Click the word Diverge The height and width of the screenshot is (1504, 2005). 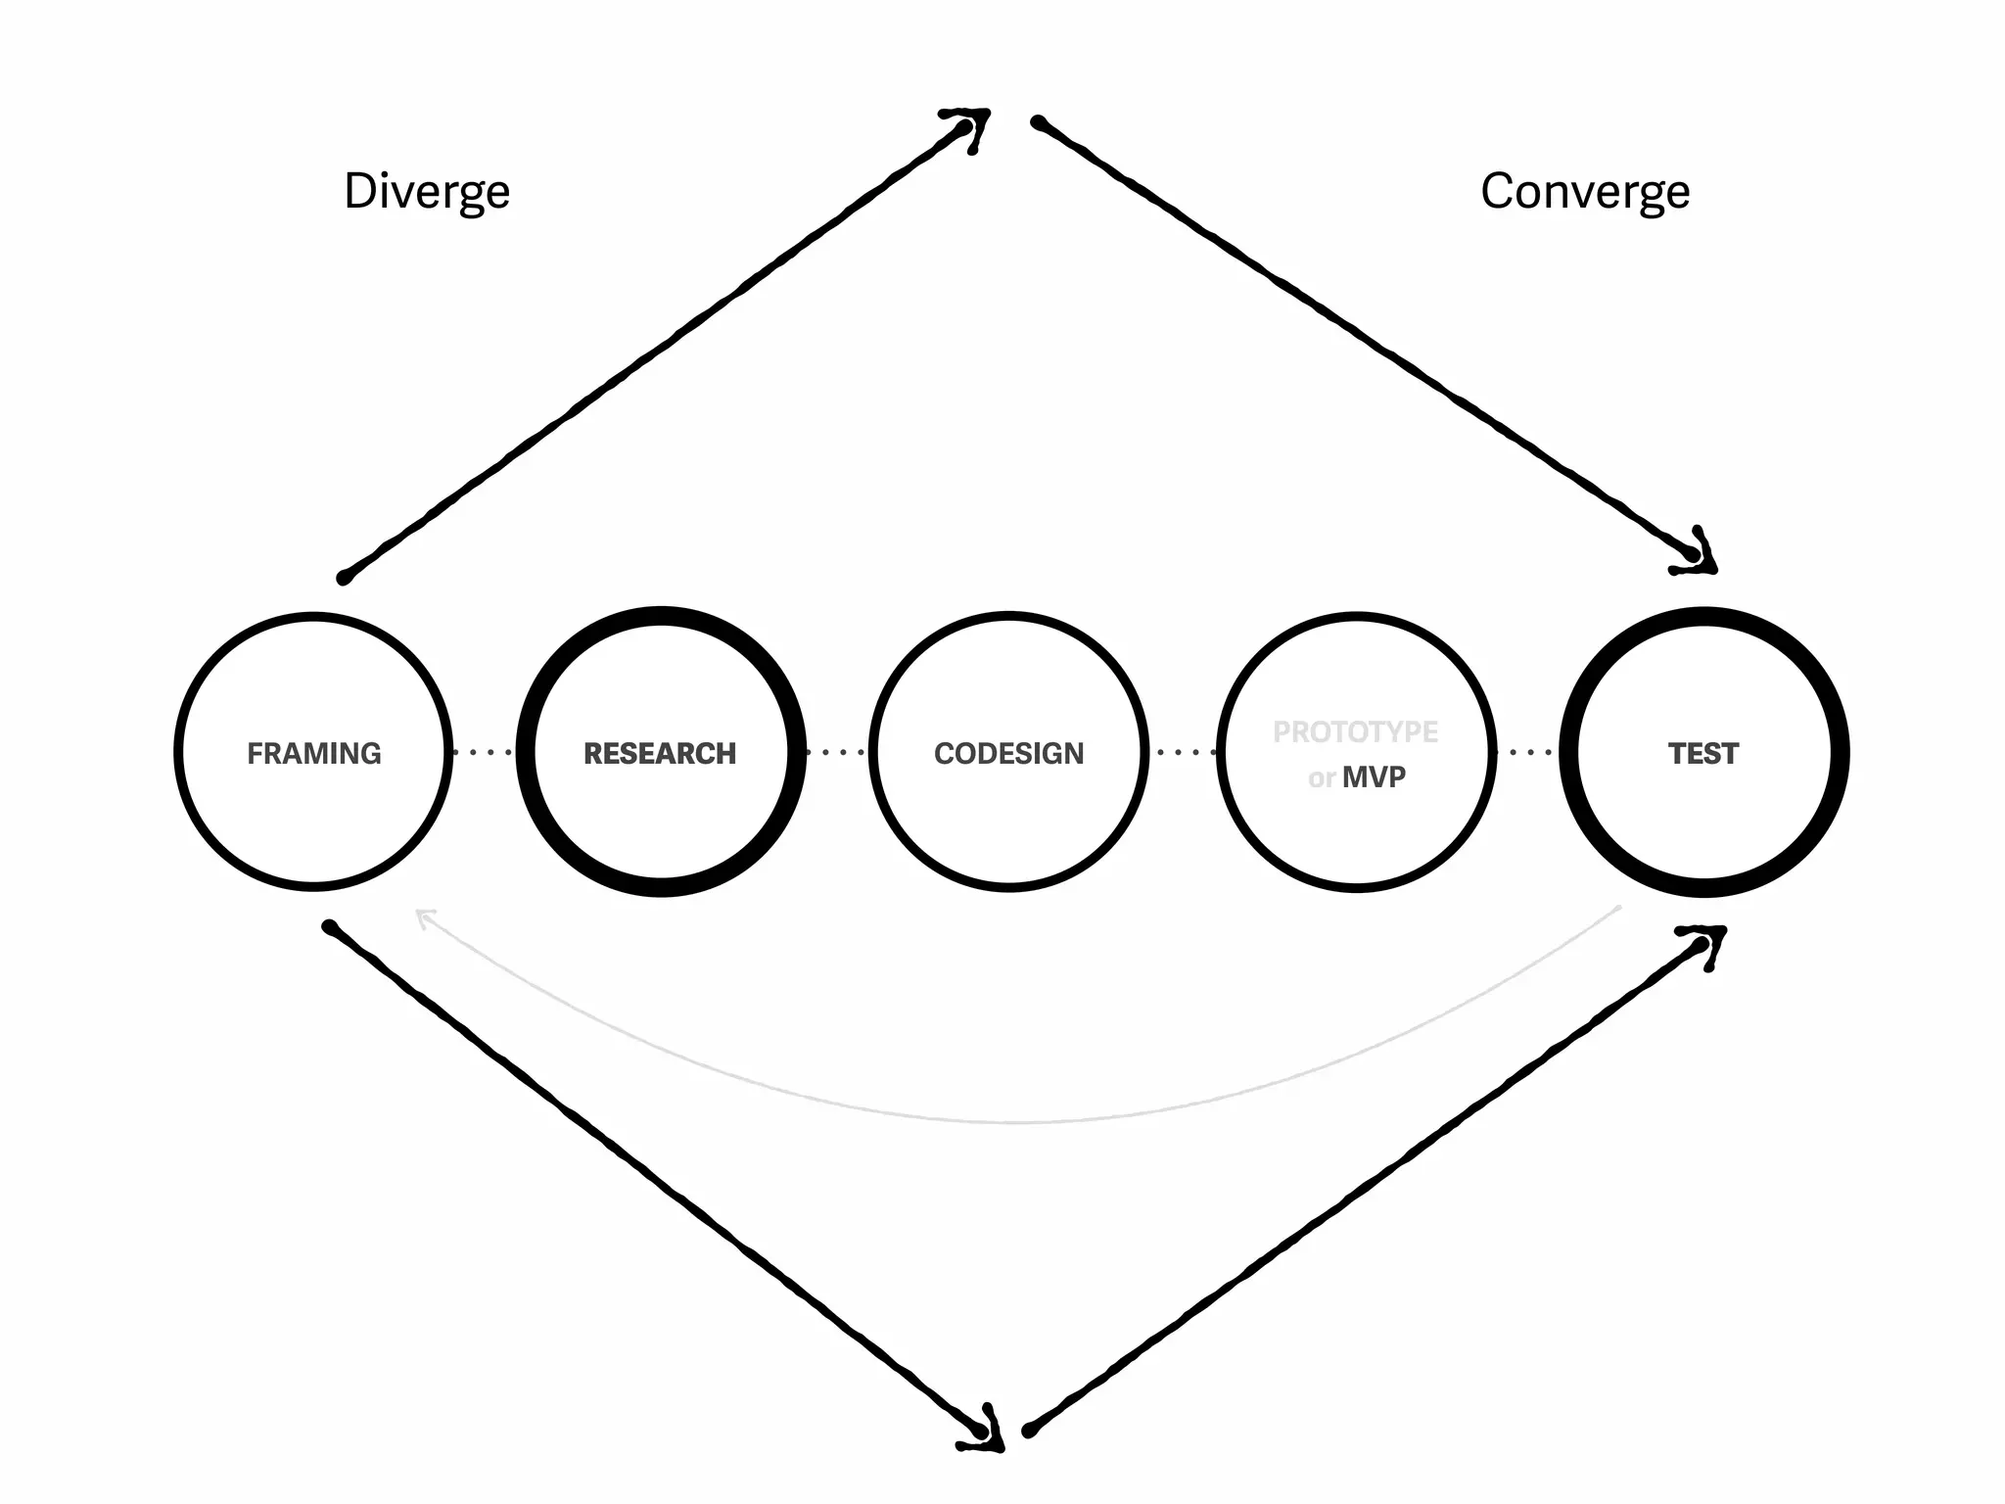point(427,191)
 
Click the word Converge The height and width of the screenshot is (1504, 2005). point(1584,191)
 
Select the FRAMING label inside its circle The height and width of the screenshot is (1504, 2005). point(313,753)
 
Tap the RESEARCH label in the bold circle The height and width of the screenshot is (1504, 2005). point(660,753)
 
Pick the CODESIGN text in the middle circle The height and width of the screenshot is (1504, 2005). point(1008,753)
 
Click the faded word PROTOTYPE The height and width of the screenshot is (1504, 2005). point(1355,731)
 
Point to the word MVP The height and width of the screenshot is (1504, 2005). point(1374,777)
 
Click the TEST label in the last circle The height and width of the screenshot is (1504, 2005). point(1703,753)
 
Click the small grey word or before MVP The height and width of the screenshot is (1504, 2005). point(1322,778)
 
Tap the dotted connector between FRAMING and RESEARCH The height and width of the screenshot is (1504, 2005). point(483,752)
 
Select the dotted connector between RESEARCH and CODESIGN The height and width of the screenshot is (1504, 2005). point(835,752)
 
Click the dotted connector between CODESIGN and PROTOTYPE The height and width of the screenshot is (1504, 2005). point(1184,752)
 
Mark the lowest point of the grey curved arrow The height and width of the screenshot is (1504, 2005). point(1018,1121)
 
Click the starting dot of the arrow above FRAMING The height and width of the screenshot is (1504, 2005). point(343,578)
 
